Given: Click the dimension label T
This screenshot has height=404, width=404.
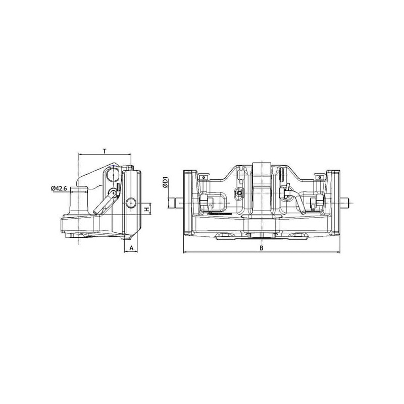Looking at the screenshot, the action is (x=105, y=151).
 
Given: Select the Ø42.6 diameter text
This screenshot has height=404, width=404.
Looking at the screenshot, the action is (x=59, y=188).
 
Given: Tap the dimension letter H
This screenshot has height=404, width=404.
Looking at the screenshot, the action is (x=147, y=209).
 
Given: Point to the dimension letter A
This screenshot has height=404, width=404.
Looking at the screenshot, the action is (x=131, y=248).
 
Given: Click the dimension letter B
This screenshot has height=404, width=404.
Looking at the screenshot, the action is (x=262, y=248).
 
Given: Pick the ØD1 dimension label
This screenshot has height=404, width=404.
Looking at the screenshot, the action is (x=166, y=182).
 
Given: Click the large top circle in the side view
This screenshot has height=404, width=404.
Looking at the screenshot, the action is (x=113, y=175).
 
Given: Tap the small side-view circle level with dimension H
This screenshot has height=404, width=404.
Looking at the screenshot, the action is (x=131, y=203).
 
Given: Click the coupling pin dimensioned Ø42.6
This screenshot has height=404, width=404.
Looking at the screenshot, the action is (x=79, y=201).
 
